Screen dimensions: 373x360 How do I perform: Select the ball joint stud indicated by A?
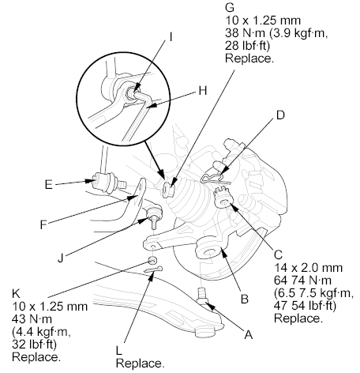203,296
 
